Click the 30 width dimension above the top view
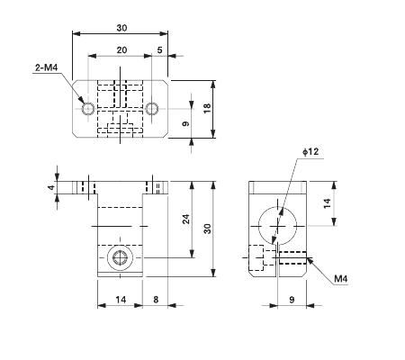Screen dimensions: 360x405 [121, 27]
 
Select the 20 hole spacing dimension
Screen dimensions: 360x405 [121, 51]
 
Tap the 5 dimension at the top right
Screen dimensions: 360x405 [160, 51]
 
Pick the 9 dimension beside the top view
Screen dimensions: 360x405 [185, 123]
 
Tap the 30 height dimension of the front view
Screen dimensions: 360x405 [206, 229]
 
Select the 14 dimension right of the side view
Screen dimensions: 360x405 [328, 203]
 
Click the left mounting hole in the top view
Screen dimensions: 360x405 [88, 109]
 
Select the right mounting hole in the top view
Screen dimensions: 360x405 [152, 109]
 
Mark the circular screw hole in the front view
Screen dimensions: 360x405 [121, 259]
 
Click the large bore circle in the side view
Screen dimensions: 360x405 [277, 223]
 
